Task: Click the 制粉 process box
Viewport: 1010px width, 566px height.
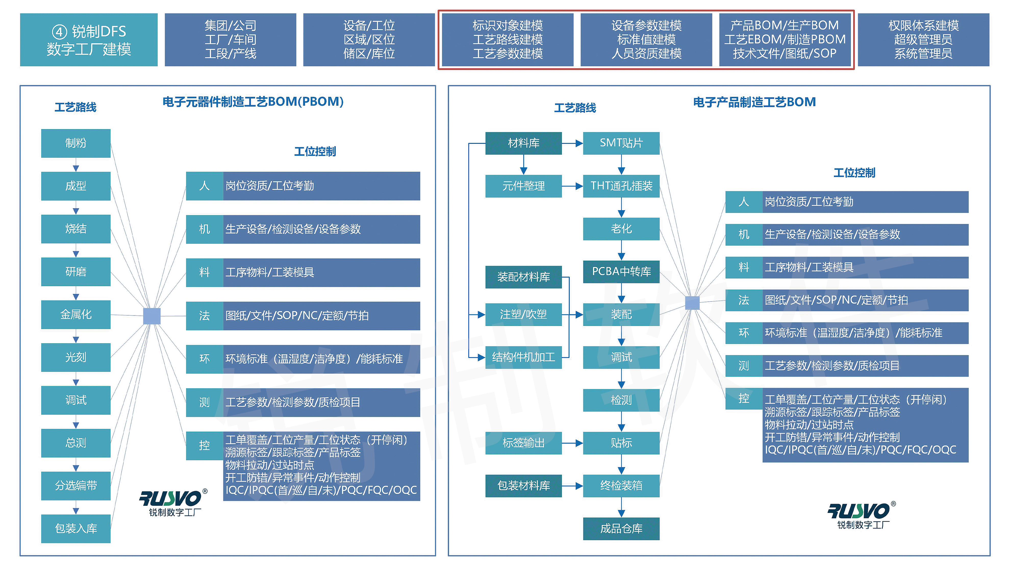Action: [76, 143]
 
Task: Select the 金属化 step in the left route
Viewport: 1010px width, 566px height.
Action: [76, 315]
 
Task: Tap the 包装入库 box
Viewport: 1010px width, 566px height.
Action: [76, 528]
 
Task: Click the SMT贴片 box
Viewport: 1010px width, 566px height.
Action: [621, 143]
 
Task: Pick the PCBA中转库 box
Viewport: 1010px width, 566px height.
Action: [621, 271]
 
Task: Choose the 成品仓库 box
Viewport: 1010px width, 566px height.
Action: [621, 528]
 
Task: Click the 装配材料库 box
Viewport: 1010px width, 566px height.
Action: [523, 277]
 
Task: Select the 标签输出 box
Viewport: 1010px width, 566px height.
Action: [523, 443]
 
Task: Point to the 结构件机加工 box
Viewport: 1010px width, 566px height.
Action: [523, 357]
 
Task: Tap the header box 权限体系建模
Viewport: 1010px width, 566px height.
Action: [923, 40]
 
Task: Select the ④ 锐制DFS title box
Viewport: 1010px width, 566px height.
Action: [89, 40]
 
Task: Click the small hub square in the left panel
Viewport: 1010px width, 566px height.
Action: [152, 316]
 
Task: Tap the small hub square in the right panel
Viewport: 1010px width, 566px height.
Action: [692, 303]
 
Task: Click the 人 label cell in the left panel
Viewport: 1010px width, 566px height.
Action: [204, 186]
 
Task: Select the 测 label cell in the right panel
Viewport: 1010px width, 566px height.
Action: [743, 366]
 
